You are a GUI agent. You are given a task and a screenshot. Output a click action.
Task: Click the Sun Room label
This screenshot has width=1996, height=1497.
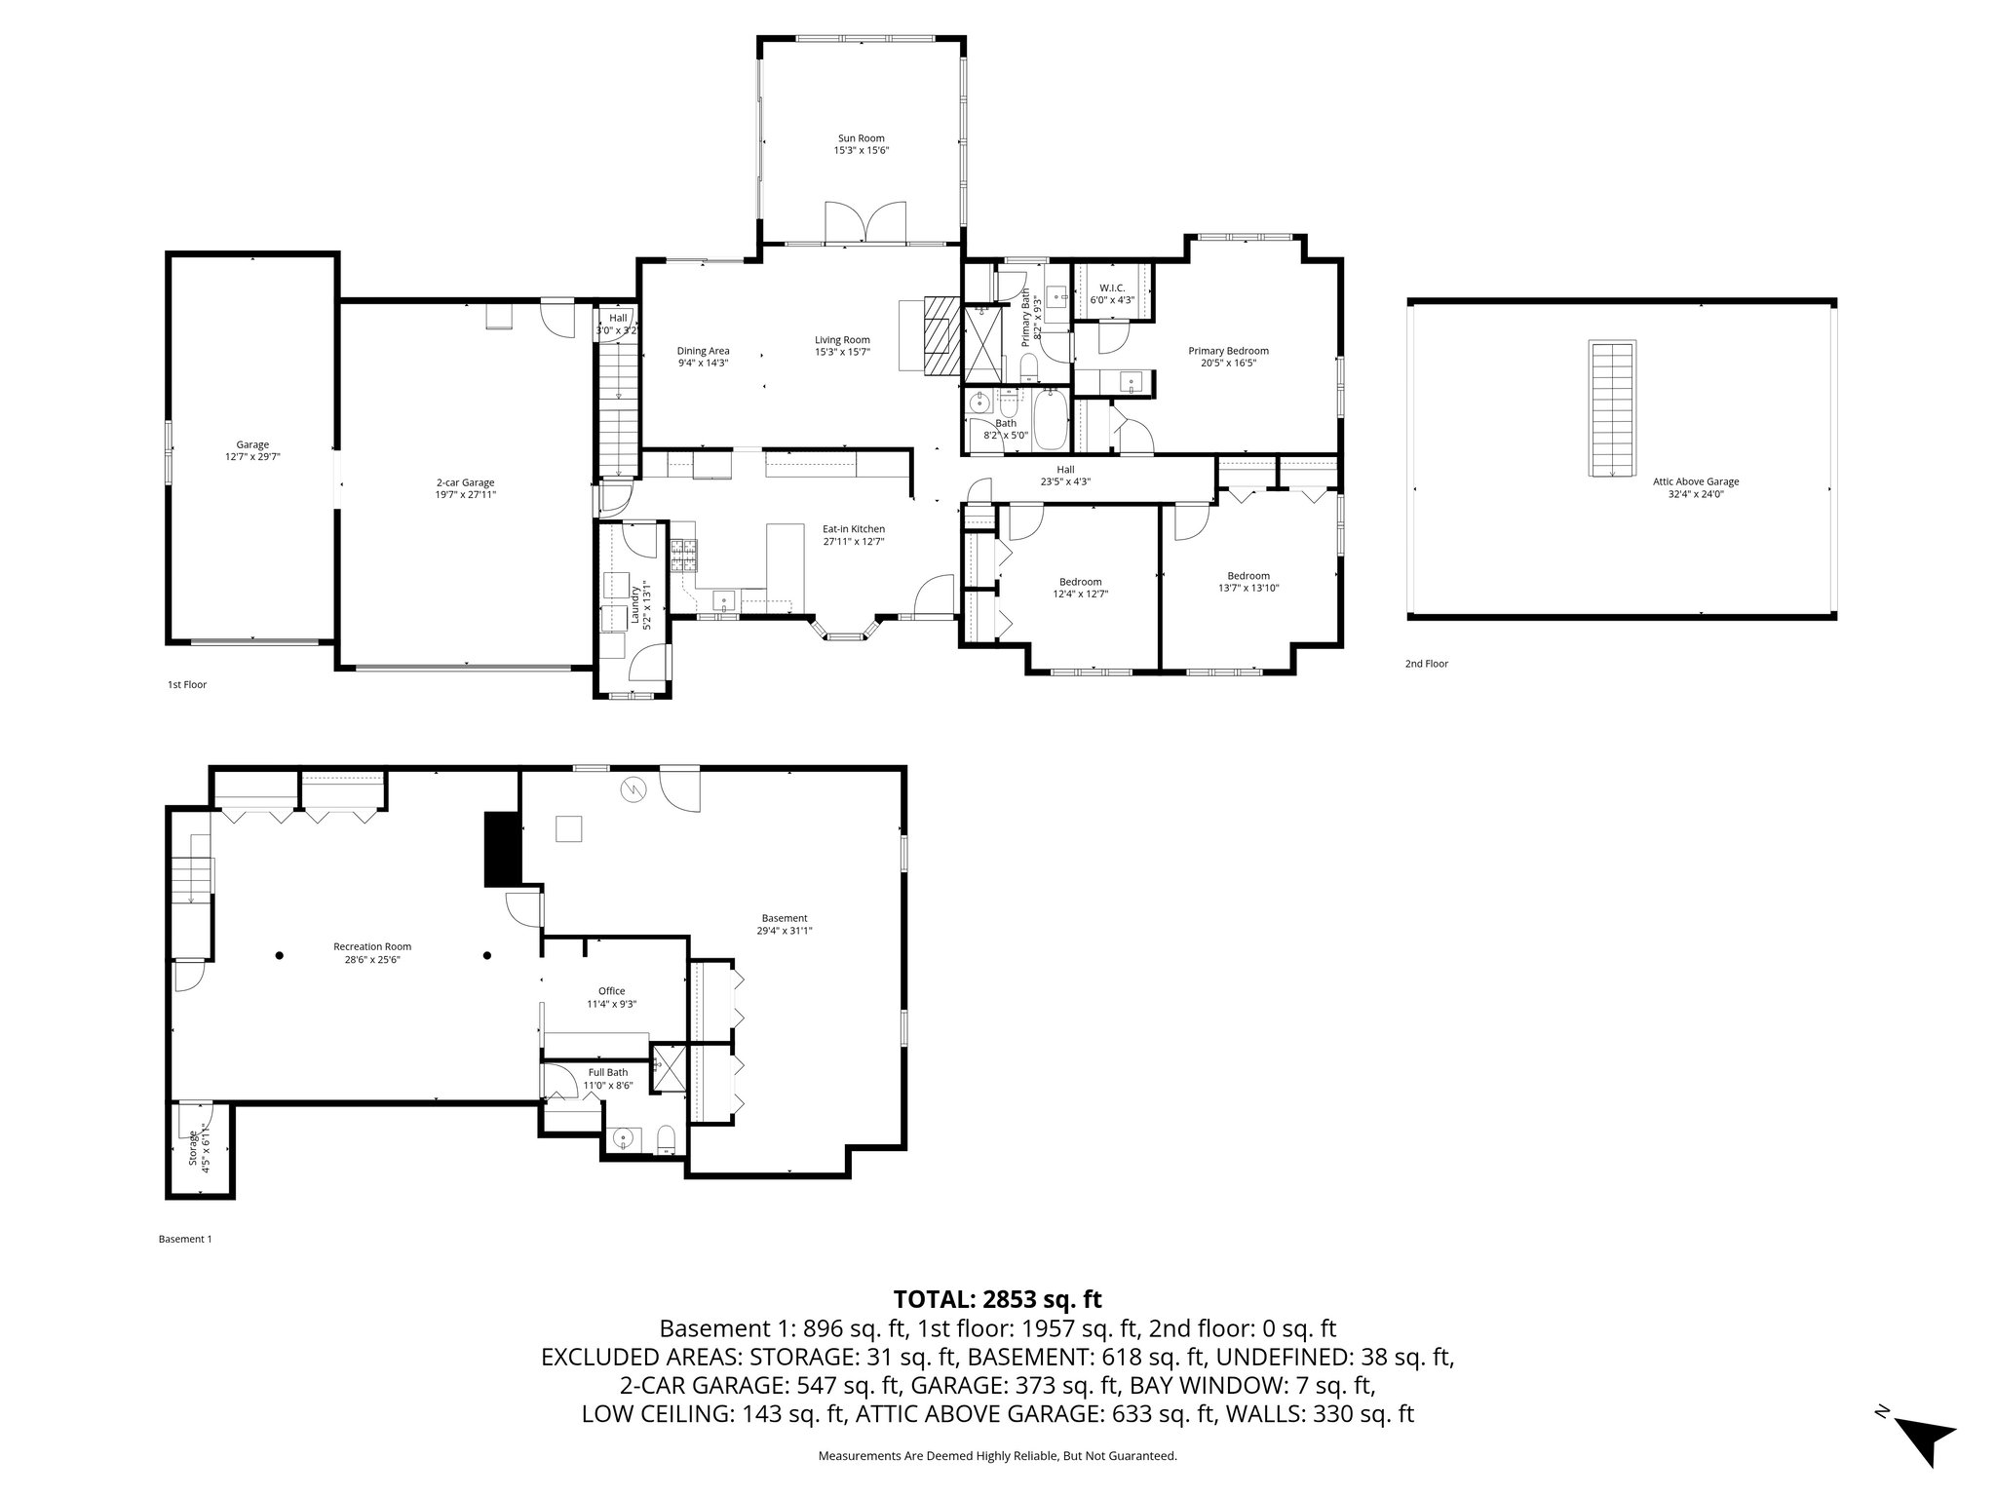pos(861,138)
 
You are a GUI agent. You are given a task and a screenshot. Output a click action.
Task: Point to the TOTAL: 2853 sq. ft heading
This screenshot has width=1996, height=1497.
pos(997,1299)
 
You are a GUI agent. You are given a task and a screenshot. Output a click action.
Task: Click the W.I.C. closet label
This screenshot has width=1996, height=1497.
pos(1111,288)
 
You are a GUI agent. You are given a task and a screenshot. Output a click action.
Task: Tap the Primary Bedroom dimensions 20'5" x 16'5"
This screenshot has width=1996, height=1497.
pos(1228,363)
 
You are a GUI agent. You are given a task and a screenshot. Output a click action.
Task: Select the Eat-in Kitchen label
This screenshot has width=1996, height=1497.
pos(853,529)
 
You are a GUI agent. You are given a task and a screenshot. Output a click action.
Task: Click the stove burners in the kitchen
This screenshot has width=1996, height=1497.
pos(683,556)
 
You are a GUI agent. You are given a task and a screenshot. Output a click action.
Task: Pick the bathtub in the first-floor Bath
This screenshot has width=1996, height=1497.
pos(1050,418)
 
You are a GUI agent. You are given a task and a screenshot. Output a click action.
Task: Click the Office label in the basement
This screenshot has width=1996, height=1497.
pos(611,991)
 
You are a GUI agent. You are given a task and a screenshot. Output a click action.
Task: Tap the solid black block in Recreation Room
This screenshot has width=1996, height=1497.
pos(503,849)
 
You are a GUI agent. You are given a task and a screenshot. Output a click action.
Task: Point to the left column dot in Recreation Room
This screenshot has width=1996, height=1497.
pos(279,955)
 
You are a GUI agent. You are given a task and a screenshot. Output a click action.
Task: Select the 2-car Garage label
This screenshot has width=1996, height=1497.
pos(465,482)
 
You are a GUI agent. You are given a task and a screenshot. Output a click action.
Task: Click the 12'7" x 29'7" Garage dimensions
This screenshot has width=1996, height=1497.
pos(252,456)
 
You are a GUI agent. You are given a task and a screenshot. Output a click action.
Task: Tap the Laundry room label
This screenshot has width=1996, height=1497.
pos(633,604)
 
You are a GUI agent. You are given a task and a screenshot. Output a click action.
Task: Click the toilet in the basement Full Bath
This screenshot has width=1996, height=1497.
pos(667,1137)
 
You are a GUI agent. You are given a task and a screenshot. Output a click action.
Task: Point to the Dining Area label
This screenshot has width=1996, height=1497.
pos(703,351)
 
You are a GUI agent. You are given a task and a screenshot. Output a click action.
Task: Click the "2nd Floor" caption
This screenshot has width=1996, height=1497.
pos(1426,664)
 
